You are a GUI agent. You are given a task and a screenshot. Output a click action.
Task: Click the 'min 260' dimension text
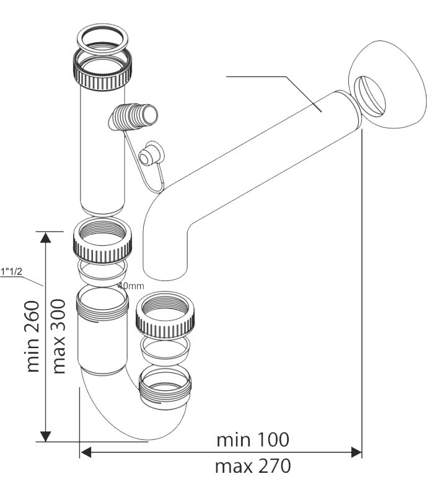[33, 336]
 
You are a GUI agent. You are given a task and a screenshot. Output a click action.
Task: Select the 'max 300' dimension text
[59, 336]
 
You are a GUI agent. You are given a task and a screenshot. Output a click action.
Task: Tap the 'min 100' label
[253, 440]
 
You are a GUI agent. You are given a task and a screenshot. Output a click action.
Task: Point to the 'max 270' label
[253, 466]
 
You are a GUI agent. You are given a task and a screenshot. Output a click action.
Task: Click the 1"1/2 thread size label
[11, 272]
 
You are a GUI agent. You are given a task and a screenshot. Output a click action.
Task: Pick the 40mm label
[131, 286]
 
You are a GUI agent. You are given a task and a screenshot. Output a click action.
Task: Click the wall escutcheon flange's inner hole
[370, 95]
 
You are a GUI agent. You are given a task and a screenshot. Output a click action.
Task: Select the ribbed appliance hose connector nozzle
[133, 117]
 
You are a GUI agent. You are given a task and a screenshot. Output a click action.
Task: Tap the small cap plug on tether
[151, 154]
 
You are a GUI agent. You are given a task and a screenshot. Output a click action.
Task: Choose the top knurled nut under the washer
[102, 68]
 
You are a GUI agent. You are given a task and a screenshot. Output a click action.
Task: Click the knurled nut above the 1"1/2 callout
[102, 240]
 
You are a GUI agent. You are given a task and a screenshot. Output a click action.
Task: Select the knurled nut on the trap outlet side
[165, 315]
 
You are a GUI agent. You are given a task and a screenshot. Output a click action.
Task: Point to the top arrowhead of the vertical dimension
[46, 237]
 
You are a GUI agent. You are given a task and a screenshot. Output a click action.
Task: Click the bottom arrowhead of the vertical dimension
[46, 436]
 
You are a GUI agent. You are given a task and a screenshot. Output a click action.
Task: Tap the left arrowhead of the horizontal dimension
[86, 452]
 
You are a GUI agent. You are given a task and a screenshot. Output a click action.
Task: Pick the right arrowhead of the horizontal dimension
[356, 452]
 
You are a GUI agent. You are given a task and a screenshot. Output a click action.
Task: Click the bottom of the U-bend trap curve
[149, 439]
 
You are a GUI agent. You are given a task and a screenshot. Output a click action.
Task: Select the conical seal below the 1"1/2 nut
[103, 273]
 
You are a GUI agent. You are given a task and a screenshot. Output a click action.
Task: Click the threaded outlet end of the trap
[165, 385]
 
